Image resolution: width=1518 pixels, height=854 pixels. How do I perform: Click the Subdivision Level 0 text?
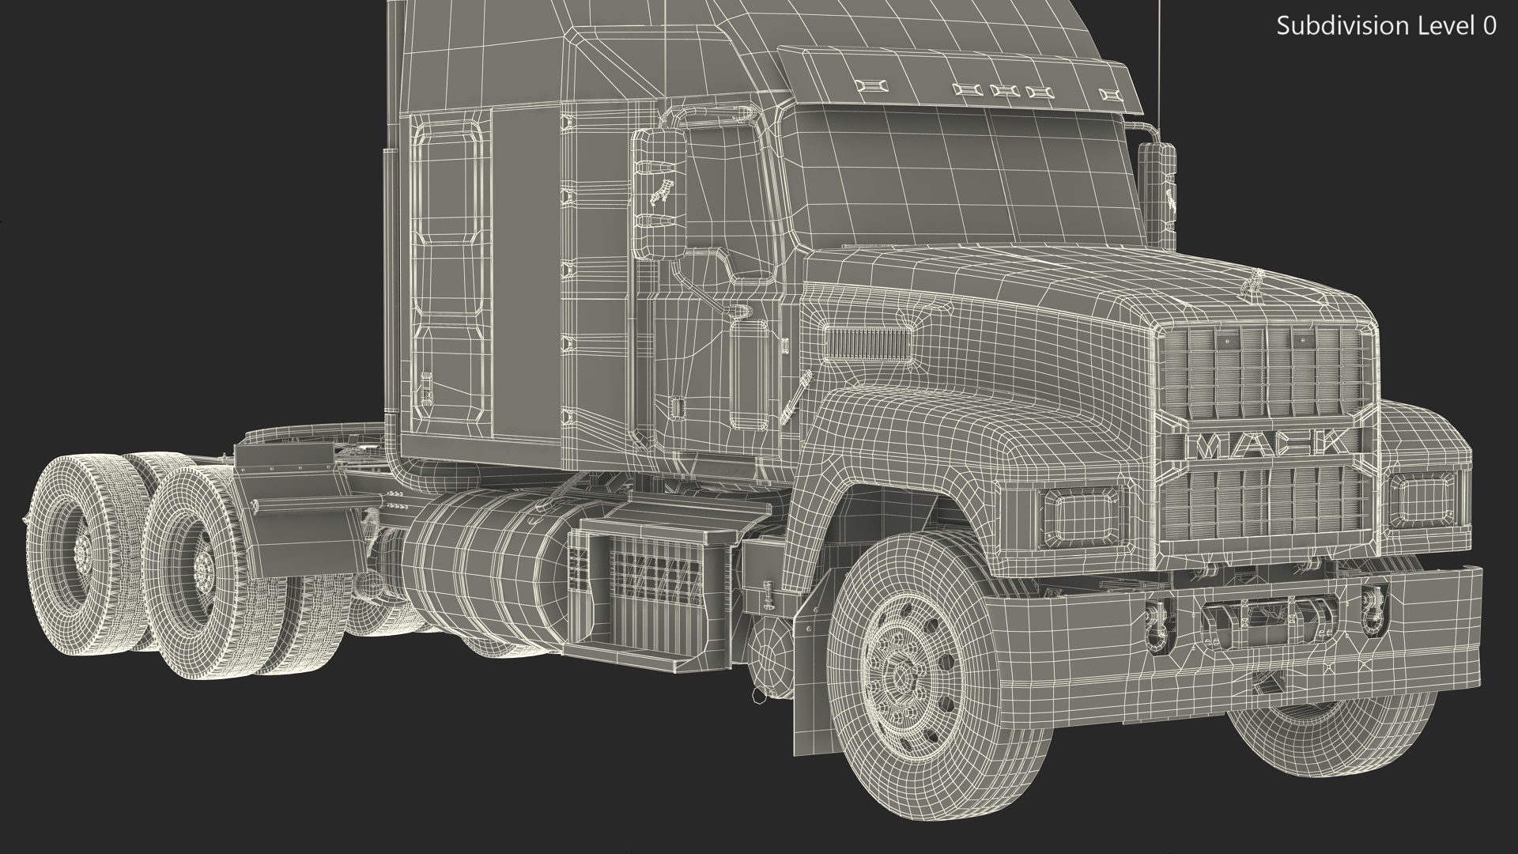tap(1386, 26)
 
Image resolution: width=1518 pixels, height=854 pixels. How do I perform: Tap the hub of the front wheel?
tap(902, 677)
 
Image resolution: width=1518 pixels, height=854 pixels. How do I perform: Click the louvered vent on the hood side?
tap(867, 343)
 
